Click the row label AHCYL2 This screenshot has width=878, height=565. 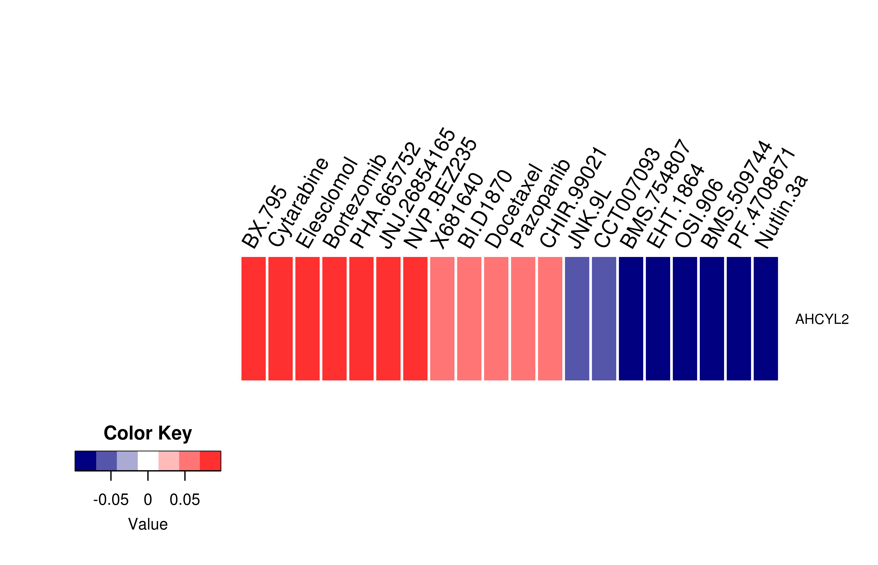pos(822,319)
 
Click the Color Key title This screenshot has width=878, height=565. pos(148,433)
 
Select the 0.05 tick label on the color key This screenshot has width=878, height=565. pos(185,500)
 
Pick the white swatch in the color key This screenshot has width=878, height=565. pos(148,461)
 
